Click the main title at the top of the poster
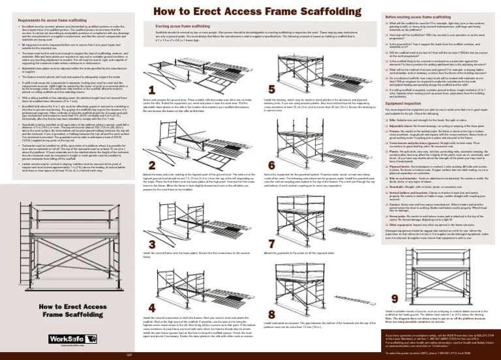point(249,10)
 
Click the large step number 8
point(253,307)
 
